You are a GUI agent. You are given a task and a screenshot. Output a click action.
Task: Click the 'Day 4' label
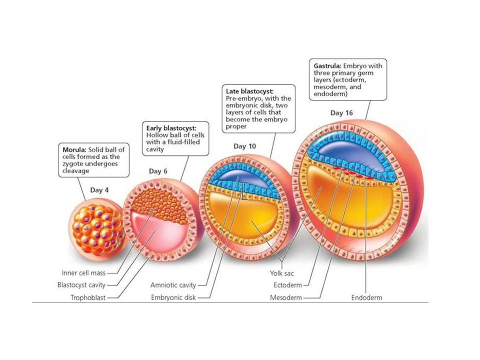point(99,190)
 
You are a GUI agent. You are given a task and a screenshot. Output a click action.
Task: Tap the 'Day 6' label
point(158,171)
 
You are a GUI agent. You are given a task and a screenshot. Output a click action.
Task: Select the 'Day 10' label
point(244,146)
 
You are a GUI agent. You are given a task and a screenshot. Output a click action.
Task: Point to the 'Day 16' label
point(341,113)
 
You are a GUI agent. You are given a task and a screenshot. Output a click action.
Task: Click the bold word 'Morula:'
point(74,149)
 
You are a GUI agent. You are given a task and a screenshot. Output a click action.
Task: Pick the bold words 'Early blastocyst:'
point(171,128)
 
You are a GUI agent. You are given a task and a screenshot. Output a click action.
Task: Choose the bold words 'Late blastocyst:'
point(250,91)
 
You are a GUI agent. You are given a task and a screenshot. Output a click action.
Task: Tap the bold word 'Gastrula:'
point(327,66)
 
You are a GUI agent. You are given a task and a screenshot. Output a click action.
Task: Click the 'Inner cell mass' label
point(83,273)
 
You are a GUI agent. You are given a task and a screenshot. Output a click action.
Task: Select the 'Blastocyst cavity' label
point(81,285)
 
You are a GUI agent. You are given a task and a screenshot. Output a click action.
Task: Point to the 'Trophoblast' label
point(88,297)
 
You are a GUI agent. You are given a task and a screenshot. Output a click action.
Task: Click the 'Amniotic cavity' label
point(173,285)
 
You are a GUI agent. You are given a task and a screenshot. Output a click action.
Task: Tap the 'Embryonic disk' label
point(173,297)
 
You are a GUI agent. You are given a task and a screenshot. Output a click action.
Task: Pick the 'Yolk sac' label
point(281,273)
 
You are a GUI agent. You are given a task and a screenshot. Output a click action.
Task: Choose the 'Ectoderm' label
point(288,285)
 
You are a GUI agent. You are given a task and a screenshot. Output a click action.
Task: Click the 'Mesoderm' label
point(286,297)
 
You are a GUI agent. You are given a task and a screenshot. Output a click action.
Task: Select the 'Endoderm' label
point(366,297)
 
